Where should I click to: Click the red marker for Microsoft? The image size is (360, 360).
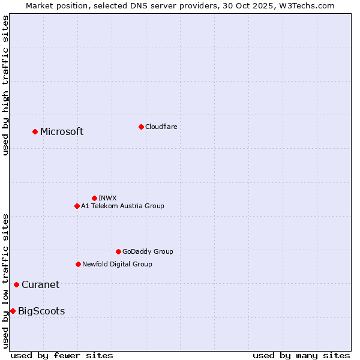click(35, 131)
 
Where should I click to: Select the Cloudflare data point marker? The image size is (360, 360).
click(141, 127)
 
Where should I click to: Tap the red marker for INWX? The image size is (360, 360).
click(94, 198)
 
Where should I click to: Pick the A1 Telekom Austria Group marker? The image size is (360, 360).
click(77, 206)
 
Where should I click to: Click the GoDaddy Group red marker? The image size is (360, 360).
click(118, 251)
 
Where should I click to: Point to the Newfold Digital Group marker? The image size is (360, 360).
click(78, 264)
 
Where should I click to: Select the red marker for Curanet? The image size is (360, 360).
click(16, 284)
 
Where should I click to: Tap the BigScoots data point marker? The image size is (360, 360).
click(13, 311)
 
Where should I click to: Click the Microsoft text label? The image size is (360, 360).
click(62, 132)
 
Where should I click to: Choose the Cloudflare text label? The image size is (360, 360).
click(161, 127)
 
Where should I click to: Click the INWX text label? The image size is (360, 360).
click(107, 198)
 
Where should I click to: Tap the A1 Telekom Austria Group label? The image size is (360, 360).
click(122, 206)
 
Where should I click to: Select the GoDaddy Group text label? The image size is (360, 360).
click(148, 251)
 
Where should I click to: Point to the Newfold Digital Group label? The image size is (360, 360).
click(117, 264)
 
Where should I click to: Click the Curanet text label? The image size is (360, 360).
click(40, 285)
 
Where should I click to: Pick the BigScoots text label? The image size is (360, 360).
click(41, 311)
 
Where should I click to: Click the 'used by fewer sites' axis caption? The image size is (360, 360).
click(62, 355)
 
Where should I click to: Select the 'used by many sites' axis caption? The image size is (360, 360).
click(301, 355)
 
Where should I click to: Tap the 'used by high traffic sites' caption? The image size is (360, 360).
click(5, 85)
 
